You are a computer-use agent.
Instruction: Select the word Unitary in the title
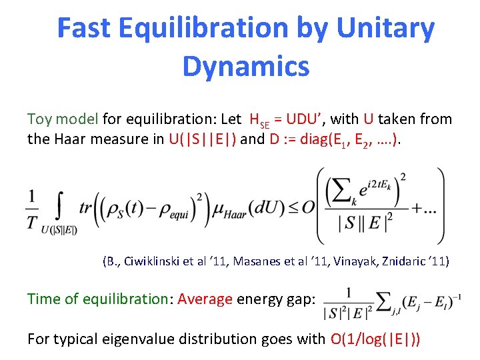click(x=386, y=28)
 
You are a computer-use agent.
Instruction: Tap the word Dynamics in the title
click(x=245, y=66)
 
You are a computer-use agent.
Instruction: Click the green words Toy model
click(x=63, y=119)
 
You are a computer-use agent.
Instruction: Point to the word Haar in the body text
click(x=67, y=139)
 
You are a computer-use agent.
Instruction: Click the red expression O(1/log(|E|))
click(x=375, y=339)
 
